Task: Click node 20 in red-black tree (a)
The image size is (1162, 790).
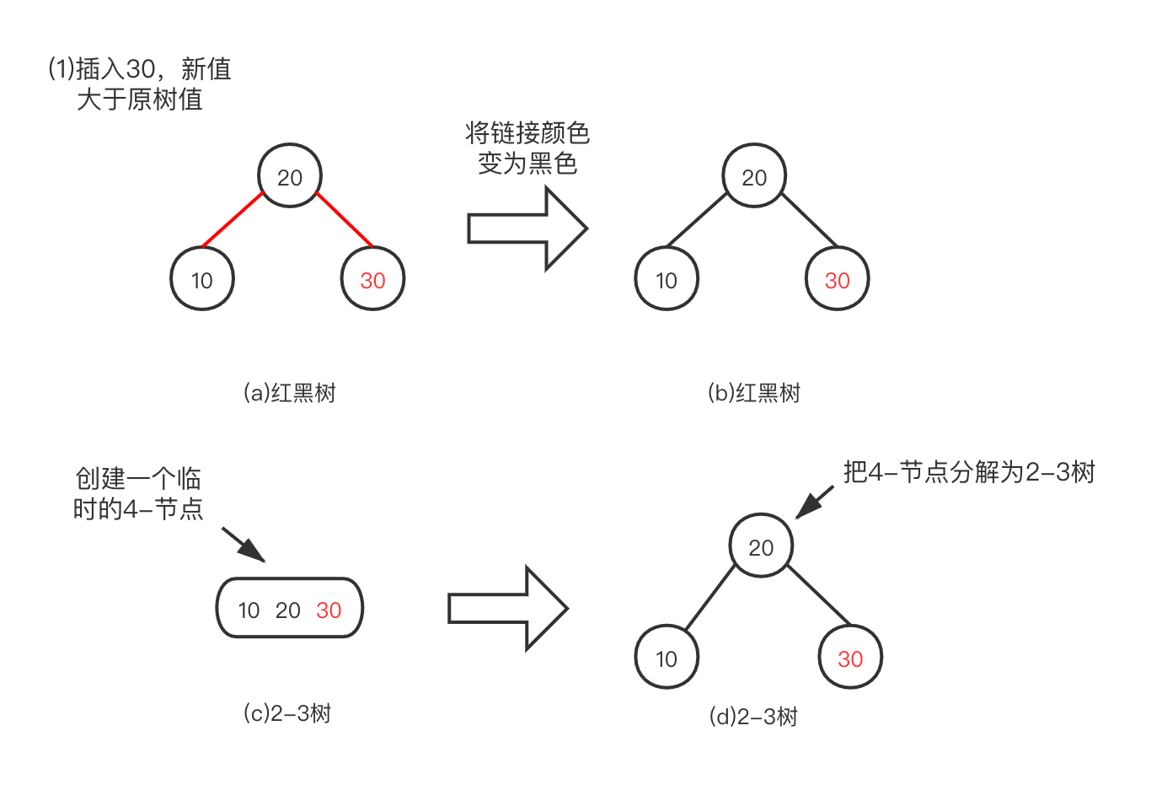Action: point(289,176)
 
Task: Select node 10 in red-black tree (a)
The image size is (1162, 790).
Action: point(201,279)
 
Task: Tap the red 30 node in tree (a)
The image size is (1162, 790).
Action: point(372,279)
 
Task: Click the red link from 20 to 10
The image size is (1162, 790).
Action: point(233,221)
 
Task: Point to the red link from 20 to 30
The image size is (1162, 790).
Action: point(345,220)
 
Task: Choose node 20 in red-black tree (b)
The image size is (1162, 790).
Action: point(754,176)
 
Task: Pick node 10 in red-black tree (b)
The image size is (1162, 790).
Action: point(666,279)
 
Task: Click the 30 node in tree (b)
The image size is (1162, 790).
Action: point(837,279)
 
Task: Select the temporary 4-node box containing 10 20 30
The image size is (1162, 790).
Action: point(289,609)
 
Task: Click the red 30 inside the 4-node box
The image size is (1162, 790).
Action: point(329,610)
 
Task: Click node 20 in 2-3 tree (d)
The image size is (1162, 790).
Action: point(761,546)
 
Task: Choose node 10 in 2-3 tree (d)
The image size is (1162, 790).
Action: point(666,658)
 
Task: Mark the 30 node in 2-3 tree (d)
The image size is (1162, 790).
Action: point(850,658)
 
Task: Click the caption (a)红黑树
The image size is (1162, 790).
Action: point(289,393)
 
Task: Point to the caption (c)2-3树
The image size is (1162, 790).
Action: point(287,713)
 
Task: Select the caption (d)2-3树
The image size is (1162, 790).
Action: point(753,717)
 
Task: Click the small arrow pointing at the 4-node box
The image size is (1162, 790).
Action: point(244,545)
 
